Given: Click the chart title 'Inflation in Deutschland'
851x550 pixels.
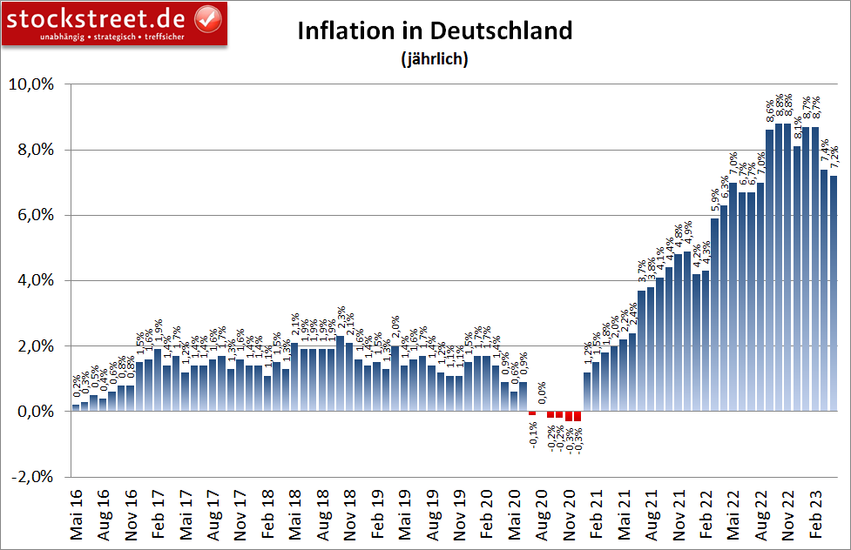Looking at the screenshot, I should [x=435, y=30].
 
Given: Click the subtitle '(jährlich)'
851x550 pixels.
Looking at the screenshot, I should [x=435, y=60].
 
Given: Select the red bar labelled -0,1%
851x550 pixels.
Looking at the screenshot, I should [x=532, y=413].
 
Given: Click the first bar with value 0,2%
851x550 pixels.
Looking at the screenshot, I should [x=76, y=407].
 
